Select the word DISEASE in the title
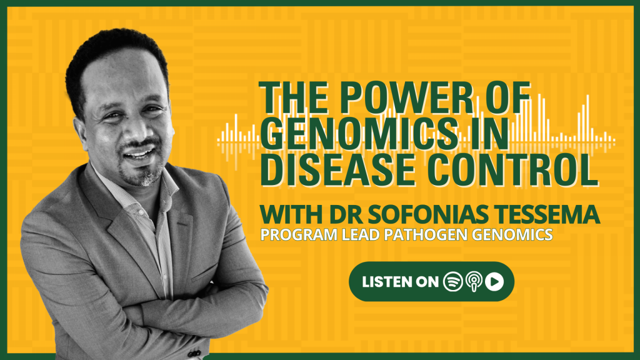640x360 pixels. click(337, 169)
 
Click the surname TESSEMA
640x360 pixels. click(547, 214)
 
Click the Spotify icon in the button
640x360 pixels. click(452, 282)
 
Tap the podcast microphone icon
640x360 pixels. click(474, 282)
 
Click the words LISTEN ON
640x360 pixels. click(400, 282)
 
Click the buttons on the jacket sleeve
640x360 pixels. click(194, 352)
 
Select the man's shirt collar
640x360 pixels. click(135, 192)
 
